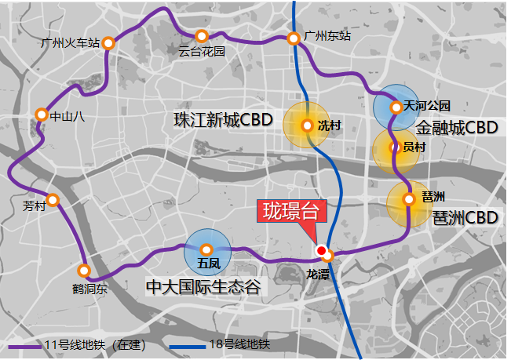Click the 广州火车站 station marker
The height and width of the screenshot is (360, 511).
[108, 43]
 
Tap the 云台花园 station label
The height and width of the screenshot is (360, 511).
[202, 52]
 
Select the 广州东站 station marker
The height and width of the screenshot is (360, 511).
[294, 38]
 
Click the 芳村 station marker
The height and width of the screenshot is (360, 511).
[53, 200]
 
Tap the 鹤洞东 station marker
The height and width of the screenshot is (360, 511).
[85, 271]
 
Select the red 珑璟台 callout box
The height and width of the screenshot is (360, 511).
[292, 212]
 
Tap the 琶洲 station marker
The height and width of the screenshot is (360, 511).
[408, 199]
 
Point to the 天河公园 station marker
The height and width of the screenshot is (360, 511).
[396, 106]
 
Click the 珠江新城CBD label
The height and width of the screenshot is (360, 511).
[222, 121]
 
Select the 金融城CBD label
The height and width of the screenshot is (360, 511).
[458, 127]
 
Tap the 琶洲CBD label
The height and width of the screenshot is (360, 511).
[465, 217]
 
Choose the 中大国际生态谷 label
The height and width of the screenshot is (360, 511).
[203, 287]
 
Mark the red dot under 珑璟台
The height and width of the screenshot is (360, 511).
[320, 250]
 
